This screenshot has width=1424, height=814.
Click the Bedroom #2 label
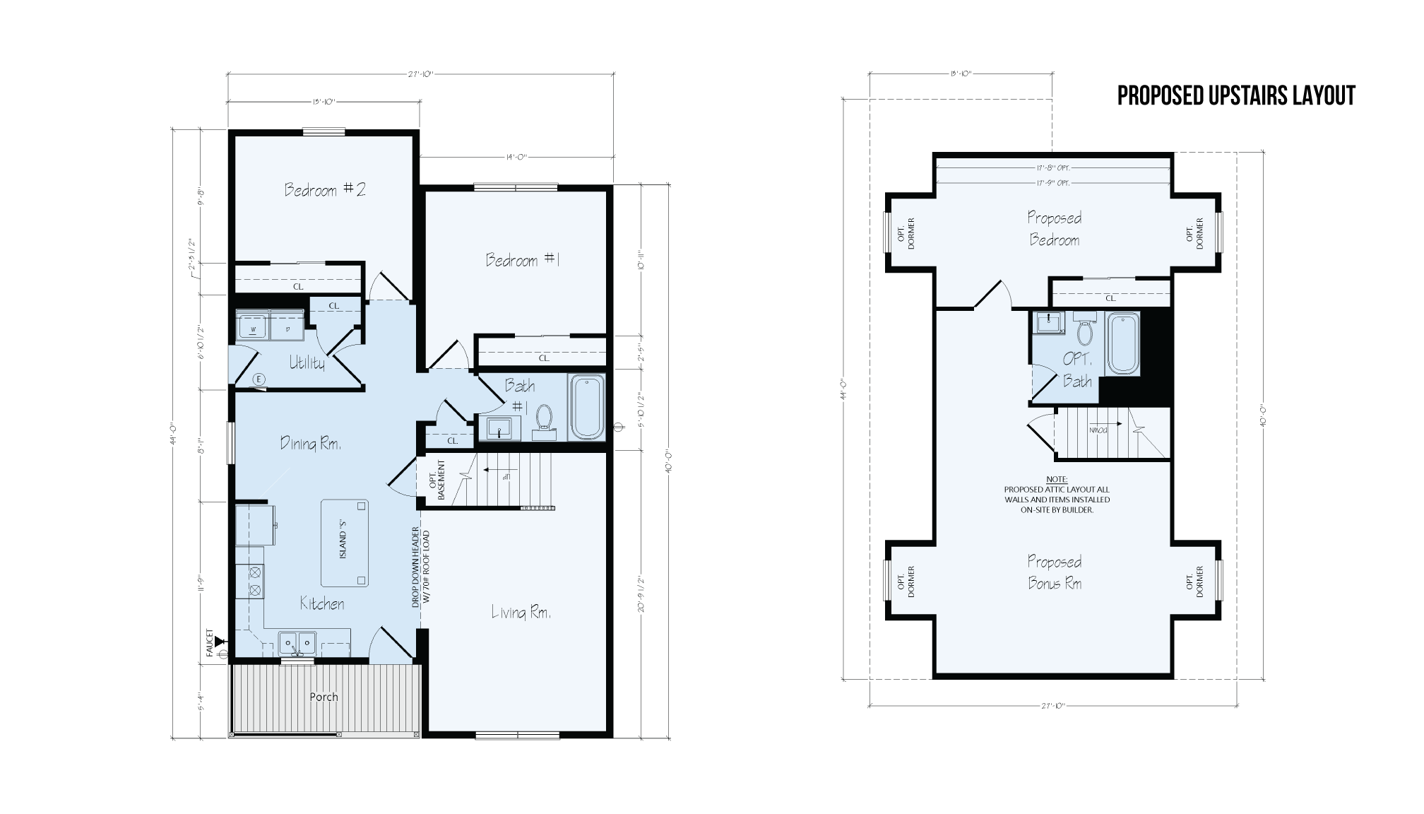[x=325, y=190]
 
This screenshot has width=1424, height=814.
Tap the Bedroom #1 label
[x=522, y=260]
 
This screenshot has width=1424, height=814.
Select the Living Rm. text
[x=521, y=613]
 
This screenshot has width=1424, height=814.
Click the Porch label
[x=324, y=697]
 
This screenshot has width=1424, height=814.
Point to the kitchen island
[x=345, y=543]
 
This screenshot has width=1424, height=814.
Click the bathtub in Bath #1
[x=587, y=408]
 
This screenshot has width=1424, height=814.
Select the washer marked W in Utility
[x=252, y=328]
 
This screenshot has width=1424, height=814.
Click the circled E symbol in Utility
[x=259, y=379]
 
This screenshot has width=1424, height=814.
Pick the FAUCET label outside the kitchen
[x=210, y=642]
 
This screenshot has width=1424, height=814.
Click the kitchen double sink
[x=297, y=643]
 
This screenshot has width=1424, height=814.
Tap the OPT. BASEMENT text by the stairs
[x=438, y=481]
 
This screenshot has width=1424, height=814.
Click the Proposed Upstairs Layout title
[x=1236, y=96]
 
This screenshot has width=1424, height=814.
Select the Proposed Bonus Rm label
[x=1054, y=572]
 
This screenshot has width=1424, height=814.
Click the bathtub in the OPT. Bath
[x=1122, y=344]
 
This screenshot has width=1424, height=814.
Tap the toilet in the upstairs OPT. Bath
[x=1085, y=333]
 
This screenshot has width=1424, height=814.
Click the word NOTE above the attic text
[x=1057, y=479]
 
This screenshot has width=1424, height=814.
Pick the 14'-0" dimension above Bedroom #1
[x=517, y=157]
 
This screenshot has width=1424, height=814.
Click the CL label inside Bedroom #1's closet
[x=544, y=358]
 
